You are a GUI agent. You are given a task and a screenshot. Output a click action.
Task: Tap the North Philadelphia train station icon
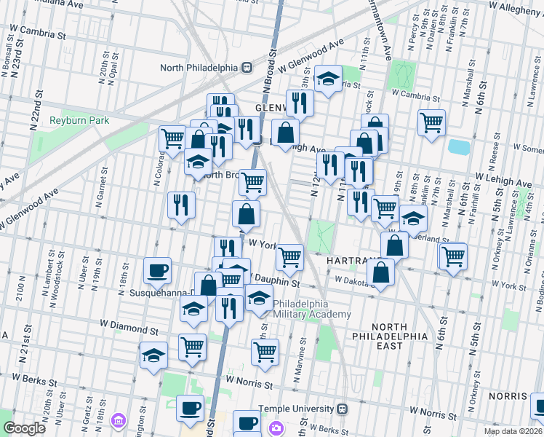pyautogui.click(x=247, y=67)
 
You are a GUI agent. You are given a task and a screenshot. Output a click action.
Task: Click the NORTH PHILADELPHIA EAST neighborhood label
pyautogui.click(x=398, y=336)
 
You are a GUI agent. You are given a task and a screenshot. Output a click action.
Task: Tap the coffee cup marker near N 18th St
pyautogui.click(x=157, y=272)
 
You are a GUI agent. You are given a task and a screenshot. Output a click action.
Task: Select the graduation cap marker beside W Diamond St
pyautogui.click(x=153, y=356)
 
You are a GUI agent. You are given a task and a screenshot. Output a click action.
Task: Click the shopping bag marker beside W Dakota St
pyautogui.click(x=380, y=273)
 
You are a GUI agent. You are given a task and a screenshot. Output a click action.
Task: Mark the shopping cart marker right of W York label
pyautogui.click(x=290, y=256)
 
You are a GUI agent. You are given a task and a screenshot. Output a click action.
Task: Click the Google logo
pyautogui.click(x=24, y=428)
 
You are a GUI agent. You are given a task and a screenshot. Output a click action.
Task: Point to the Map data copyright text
pyautogui.click(x=514, y=430)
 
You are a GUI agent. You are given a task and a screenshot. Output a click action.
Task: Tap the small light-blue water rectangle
pyautogui.click(x=459, y=146)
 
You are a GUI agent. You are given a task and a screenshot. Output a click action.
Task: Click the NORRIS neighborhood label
pyautogui.click(x=508, y=395)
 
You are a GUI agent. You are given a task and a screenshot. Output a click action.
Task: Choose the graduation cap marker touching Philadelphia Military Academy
pyautogui.click(x=258, y=298)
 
